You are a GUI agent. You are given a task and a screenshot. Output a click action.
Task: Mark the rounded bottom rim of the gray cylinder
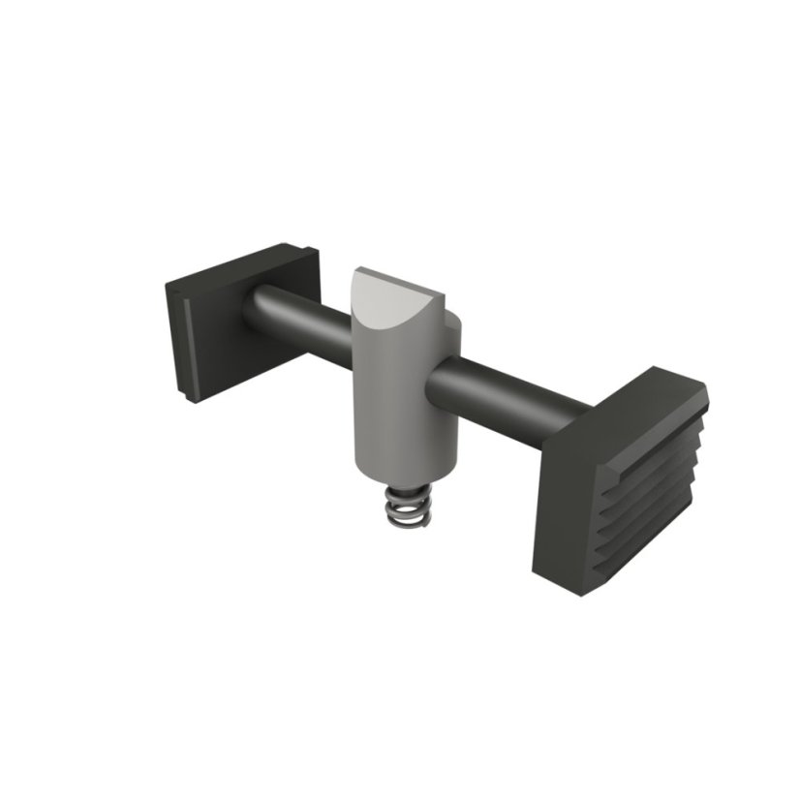(403, 472)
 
